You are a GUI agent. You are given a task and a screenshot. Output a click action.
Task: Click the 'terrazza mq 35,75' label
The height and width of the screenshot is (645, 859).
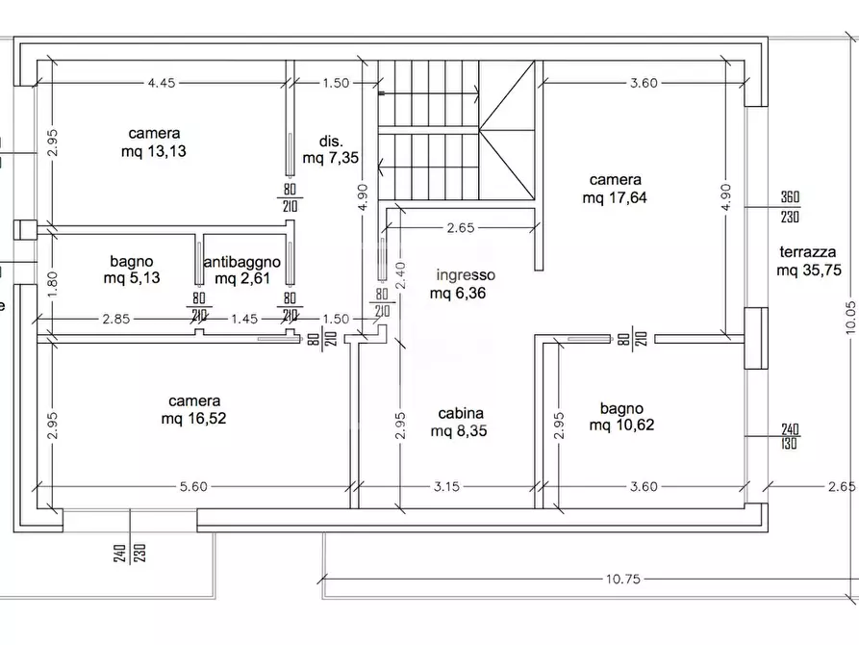pos(809,261)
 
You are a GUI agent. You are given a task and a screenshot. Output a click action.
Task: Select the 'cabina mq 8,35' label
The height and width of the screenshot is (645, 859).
pos(459,422)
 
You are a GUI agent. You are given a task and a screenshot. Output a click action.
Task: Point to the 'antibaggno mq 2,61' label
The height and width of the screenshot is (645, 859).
pos(242,270)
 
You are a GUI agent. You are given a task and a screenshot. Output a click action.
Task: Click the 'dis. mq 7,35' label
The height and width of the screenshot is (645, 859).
pos(330,150)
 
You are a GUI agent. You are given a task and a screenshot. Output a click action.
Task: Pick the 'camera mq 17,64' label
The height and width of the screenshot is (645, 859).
pos(615,189)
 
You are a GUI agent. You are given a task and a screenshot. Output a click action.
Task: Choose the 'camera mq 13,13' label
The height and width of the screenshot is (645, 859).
pos(154,142)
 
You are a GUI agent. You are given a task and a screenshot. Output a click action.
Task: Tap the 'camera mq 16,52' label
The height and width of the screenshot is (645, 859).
pos(194,410)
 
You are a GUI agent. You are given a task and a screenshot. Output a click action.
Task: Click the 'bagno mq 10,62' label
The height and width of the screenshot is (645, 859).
pos(621,416)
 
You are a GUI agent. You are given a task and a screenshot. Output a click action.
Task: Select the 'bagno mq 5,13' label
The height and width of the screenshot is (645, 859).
pos(132,270)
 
